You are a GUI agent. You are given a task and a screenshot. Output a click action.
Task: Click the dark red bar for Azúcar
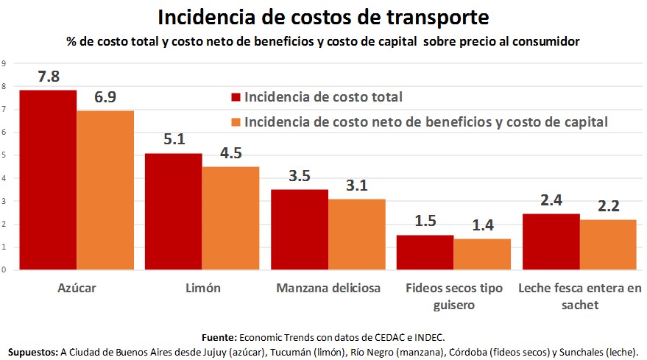(48, 180)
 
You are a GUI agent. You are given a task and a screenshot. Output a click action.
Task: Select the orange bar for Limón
(230, 218)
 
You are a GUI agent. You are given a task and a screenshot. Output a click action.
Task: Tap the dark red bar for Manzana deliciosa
(299, 229)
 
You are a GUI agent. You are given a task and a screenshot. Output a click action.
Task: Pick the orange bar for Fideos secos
(482, 254)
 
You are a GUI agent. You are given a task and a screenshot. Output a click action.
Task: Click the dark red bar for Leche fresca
(551, 241)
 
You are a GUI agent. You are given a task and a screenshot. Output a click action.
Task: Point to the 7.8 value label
(49, 76)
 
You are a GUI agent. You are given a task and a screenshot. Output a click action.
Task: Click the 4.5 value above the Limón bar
(230, 153)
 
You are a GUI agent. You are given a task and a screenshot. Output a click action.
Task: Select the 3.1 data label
(356, 186)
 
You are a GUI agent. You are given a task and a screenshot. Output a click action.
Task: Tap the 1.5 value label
(425, 222)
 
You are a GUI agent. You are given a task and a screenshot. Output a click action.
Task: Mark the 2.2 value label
(607, 205)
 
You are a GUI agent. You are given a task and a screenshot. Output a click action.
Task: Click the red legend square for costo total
(236, 97)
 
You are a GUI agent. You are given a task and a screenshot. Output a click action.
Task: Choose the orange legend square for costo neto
(236, 121)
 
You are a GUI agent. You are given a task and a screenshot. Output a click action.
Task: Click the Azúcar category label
(77, 288)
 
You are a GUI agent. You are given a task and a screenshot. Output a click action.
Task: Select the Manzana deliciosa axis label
(328, 288)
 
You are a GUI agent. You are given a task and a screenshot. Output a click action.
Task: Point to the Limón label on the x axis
(202, 288)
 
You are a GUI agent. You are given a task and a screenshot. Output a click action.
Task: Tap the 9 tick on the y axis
(4, 63)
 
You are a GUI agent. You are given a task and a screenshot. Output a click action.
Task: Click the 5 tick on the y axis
(4, 155)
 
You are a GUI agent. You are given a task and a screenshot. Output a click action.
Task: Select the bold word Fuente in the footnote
(217, 336)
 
